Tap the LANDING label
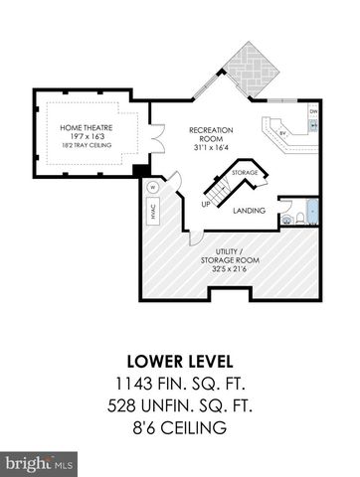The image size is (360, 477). pos(248,212)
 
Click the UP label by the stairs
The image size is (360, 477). pos(205,205)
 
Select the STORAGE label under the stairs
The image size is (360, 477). pos(245,172)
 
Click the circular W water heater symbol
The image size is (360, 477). pos(154,186)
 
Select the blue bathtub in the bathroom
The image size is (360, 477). pos(312,211)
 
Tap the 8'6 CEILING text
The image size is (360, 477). pos(179,427)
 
